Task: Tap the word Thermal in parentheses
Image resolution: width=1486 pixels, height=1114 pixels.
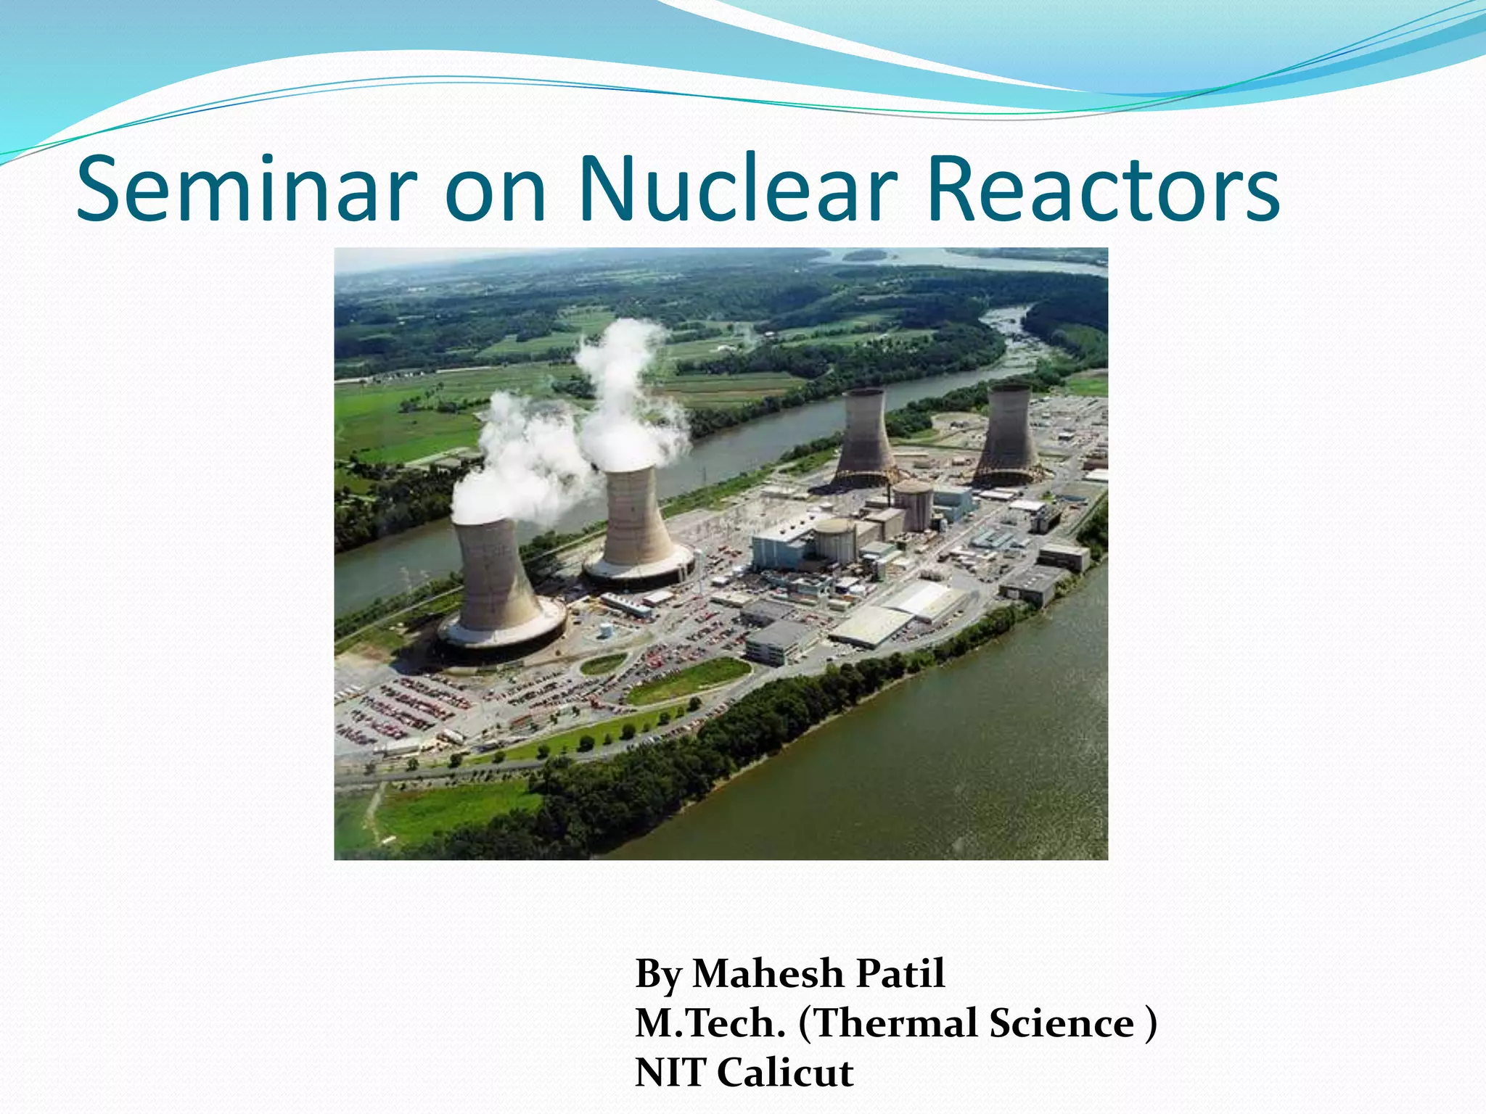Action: click(900, 1023)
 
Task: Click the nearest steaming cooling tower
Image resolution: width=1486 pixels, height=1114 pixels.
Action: click(497, 580)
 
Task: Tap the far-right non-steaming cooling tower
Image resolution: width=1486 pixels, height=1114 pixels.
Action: click(1009, 435)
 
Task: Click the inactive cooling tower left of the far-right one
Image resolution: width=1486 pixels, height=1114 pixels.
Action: click(865, 439)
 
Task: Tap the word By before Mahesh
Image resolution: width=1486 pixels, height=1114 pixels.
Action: click(657, 973)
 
